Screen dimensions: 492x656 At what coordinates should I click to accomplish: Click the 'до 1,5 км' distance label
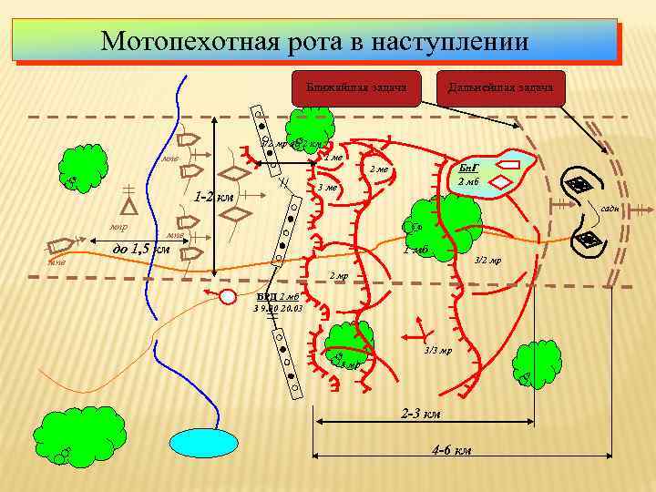[x=140, y=248]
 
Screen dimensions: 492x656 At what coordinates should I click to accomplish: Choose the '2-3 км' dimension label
[x=421, y=413]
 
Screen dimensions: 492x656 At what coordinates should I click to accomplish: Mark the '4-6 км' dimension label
[x=450, y=451]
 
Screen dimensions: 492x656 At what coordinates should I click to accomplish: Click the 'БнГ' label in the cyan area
[x=468, y=169]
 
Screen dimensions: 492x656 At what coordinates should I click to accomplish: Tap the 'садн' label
[x=610, y=209]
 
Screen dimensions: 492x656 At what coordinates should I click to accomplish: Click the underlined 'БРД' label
[x=265, y=297]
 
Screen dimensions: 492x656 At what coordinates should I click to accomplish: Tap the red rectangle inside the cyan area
[x=511, y=166]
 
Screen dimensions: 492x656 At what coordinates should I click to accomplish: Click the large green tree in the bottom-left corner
[x=79, y=427]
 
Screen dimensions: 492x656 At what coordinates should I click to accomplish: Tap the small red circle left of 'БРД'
[x=227, y=294]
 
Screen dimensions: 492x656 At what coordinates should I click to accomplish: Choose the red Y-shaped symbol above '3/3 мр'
[x=420, y=326]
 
